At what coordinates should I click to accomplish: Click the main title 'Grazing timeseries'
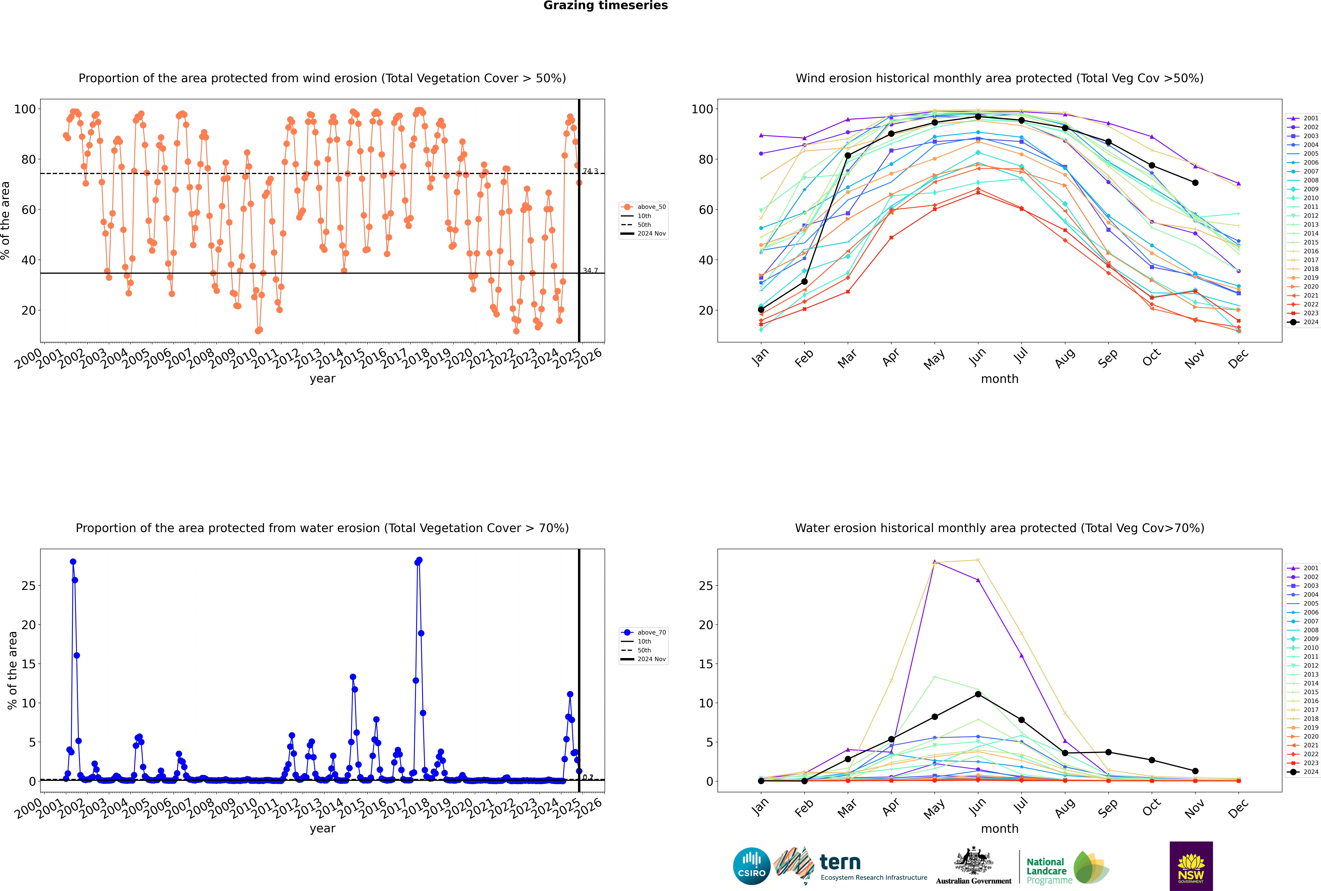tap(605, 6)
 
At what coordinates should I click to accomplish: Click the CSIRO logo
tap(751, 866)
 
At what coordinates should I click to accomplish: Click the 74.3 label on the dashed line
tap(590, 171)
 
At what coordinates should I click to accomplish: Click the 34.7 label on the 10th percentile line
tap(590, 270)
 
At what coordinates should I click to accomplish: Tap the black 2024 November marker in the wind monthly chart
tap(1195, 183)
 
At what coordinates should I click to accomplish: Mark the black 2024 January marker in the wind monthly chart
tap(761, 310)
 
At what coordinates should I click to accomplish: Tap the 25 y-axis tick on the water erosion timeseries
tap(28, 586)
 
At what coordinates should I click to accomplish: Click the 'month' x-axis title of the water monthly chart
tap(1000, 829)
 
